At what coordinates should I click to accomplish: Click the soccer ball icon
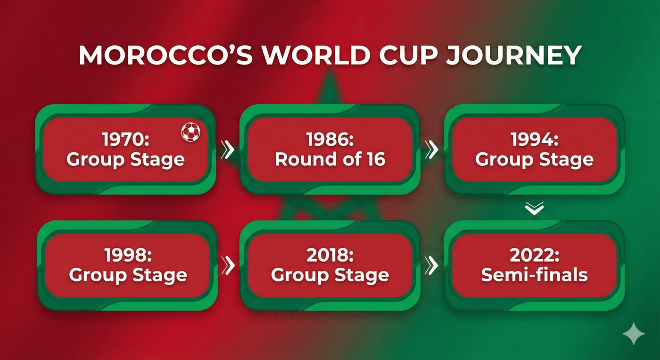coord(190,132)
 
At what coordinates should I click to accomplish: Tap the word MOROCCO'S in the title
coord(166,55)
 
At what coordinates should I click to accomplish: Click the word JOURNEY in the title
coord(514,55)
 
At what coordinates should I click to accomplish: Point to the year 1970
coord(126,139)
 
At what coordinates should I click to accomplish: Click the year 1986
coord(330,139)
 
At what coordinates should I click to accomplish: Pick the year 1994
coord(535,139)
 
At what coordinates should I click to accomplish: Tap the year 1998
coord(128,255)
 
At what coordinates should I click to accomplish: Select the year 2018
coord(330,255)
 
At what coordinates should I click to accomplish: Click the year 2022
coord(535,255)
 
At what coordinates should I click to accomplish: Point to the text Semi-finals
coord(535,275)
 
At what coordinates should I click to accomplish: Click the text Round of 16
coord(330,159)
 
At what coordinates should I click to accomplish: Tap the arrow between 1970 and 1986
coord(228,150)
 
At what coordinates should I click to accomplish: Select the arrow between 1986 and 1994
coord(432,150)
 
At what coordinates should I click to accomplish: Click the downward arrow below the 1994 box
coord(535,209)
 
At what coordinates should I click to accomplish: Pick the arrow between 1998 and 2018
coord(228,265)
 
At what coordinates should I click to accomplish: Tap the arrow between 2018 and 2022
coord(432,265)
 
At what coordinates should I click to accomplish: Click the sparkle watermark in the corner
coord(634,334)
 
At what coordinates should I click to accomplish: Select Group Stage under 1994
coord(535,160)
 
